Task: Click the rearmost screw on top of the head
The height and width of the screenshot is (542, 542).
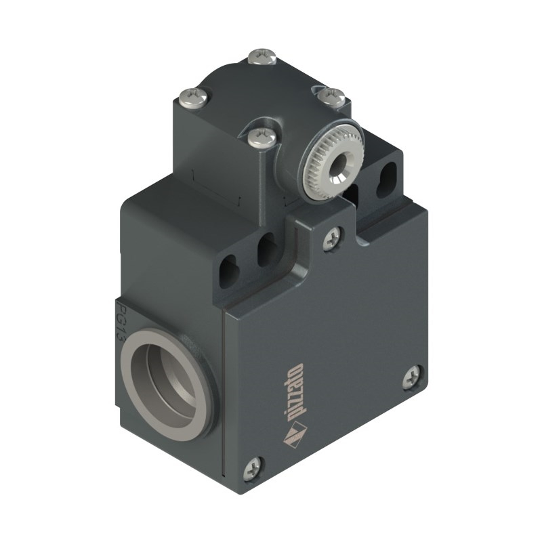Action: pos(262,56)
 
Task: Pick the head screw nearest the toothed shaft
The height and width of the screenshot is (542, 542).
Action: pos(262,136)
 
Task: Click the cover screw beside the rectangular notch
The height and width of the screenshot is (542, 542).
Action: pos(333,238)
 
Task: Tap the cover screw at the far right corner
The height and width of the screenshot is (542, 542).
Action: pos(413,377)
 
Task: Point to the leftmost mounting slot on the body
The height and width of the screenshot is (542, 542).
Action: pos(228,272)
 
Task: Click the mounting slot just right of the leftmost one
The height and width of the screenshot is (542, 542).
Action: pos(266,249)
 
